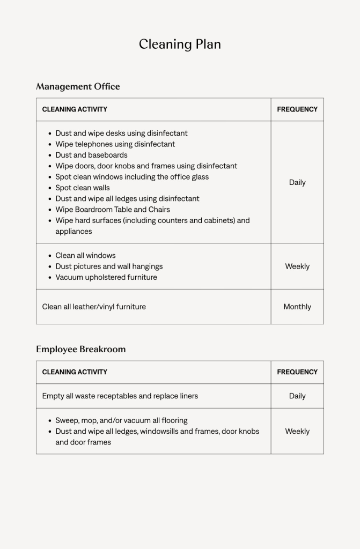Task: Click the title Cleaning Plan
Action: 180,44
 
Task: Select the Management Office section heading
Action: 78,86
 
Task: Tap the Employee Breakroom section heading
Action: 80,349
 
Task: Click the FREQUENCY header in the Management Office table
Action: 297,109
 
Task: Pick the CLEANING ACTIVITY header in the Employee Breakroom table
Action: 75,372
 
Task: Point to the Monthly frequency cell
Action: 297,307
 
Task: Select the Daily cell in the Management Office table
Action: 297,182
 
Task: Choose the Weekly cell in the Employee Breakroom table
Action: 297,431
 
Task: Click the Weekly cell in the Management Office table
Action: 297,266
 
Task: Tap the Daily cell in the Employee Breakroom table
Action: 297,396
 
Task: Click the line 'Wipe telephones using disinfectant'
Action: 115,144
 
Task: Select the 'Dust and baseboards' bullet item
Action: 91,155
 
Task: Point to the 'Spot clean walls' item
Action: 83,188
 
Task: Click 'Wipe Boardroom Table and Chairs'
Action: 113,210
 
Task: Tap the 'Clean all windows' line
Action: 85,256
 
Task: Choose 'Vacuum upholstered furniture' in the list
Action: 106,277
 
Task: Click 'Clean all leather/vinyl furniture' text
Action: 94,307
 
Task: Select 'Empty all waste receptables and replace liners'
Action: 120,396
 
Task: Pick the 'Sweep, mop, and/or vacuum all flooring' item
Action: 121,420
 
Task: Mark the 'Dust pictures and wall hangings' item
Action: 109,266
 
